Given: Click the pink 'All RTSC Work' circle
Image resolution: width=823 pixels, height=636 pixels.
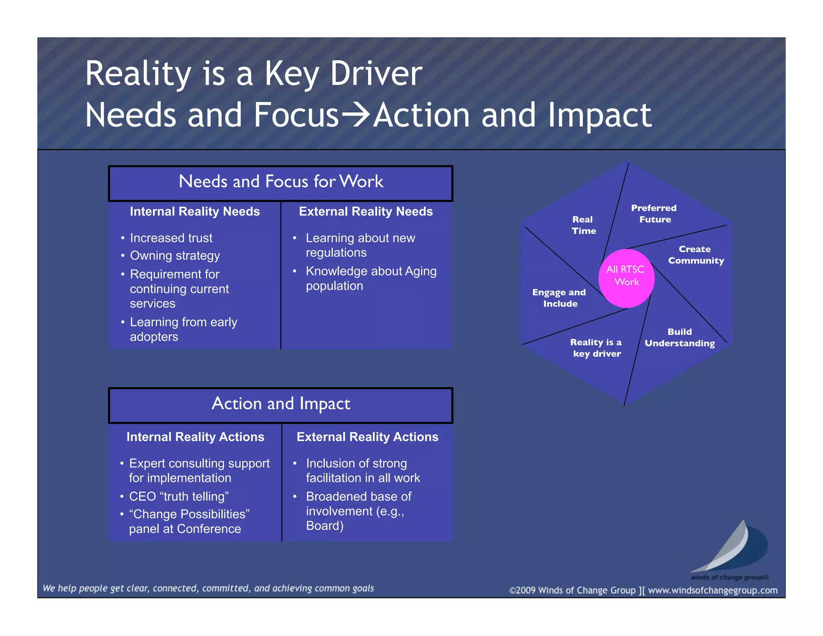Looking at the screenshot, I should point(626,278).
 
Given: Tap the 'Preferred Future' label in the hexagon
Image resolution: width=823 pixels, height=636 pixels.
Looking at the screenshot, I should point(654,213).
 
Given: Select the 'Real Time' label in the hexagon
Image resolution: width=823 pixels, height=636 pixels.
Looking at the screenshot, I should point(583,225).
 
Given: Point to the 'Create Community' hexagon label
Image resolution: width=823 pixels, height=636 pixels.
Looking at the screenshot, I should point(696,255).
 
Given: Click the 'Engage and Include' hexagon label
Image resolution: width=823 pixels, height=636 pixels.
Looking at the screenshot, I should point(559,298).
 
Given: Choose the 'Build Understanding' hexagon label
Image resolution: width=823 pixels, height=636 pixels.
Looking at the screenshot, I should point(680,337).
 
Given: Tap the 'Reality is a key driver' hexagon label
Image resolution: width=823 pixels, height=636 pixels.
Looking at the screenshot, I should point(596,348).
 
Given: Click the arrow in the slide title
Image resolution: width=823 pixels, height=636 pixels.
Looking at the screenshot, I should point(356,115).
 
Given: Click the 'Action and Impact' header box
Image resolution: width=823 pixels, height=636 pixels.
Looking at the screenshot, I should point(280,405).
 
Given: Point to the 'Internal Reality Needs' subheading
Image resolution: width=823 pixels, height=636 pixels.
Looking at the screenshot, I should point(195,211).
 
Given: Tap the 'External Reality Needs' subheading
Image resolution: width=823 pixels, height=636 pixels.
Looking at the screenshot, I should point(366,211).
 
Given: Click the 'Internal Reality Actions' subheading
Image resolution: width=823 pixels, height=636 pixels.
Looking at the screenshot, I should point(195,437).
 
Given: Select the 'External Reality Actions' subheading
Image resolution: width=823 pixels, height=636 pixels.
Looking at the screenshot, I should point(367,437).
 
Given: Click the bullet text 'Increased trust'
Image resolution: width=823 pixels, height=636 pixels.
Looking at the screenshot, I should point(171,238).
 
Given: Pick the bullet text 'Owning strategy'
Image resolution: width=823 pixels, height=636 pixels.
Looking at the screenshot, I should point(175,256).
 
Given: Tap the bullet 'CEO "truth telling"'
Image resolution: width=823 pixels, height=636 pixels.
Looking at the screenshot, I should point(179,496).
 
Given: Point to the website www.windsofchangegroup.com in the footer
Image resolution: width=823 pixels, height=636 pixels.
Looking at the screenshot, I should point(712,590).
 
